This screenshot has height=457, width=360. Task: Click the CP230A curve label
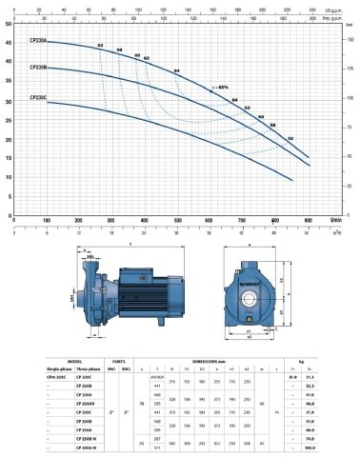[38, 41]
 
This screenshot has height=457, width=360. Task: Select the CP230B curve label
[38, 68]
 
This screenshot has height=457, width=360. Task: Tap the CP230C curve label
[38, 96]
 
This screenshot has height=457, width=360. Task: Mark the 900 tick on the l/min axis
[307, 219]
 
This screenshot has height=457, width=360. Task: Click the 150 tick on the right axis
[350, 39]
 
